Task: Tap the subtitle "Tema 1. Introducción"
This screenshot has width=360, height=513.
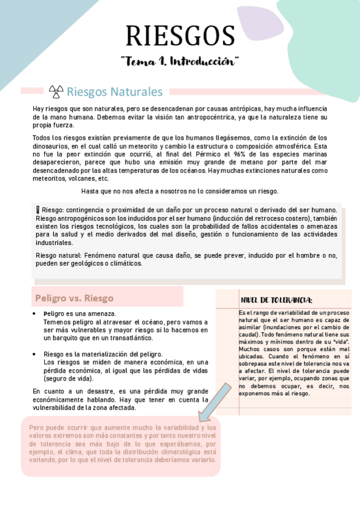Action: coord(180,61)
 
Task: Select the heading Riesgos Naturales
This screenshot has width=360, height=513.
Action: coord(115,92)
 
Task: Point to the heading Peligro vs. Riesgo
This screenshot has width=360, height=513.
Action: coord(74,298)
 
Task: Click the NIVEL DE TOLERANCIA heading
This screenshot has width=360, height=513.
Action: coord(277,300)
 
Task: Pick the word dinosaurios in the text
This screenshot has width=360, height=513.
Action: coord(54,146)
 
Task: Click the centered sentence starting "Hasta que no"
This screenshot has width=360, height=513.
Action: coord(180,191)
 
